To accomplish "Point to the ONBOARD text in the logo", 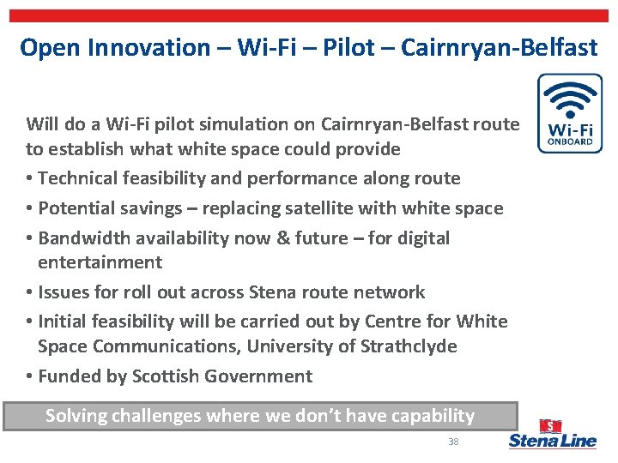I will click(570, 141).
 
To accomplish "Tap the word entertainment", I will click(100, 262).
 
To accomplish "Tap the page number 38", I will click(453, 442).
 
